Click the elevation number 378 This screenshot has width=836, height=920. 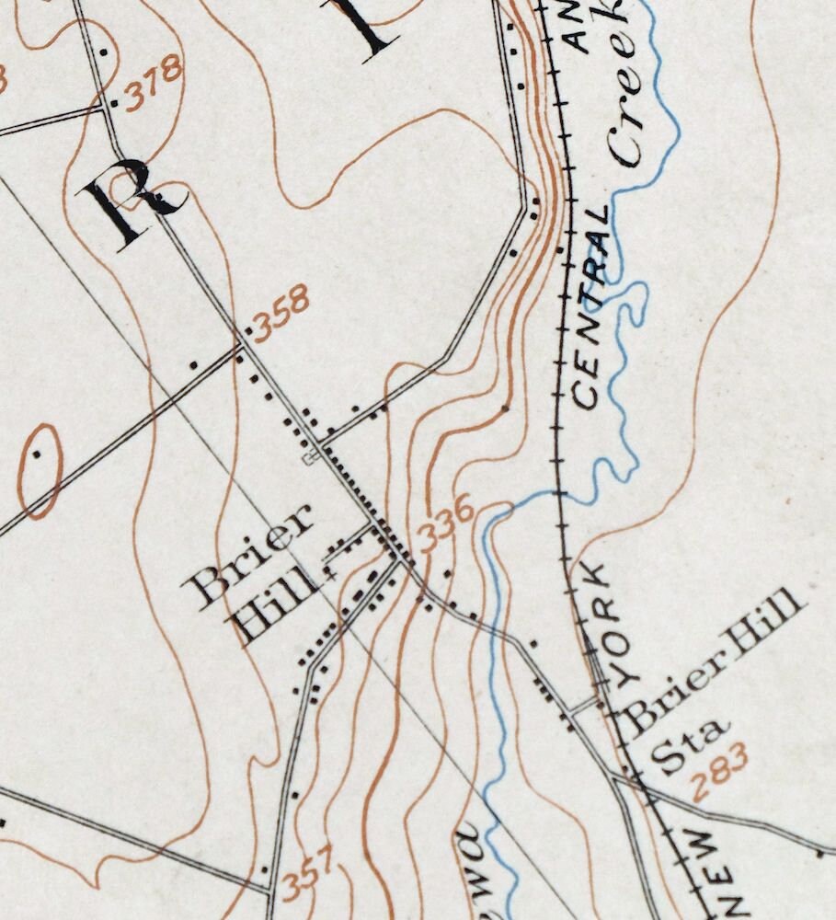pyautogui.click(x=154, y=84)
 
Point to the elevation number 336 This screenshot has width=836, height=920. pyautogui.click(x=446, y=523)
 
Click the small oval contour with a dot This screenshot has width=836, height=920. pyautogui.click(x=40, y=470)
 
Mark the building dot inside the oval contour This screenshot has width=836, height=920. pyautogui.click(x=38, y=454)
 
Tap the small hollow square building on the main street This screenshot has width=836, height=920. pyautogui.click(x=311, y=456)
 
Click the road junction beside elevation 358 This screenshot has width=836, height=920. pyautogui.click(x=241, y=345)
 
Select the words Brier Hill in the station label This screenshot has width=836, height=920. pyautogui.click(x=713, y=661)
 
